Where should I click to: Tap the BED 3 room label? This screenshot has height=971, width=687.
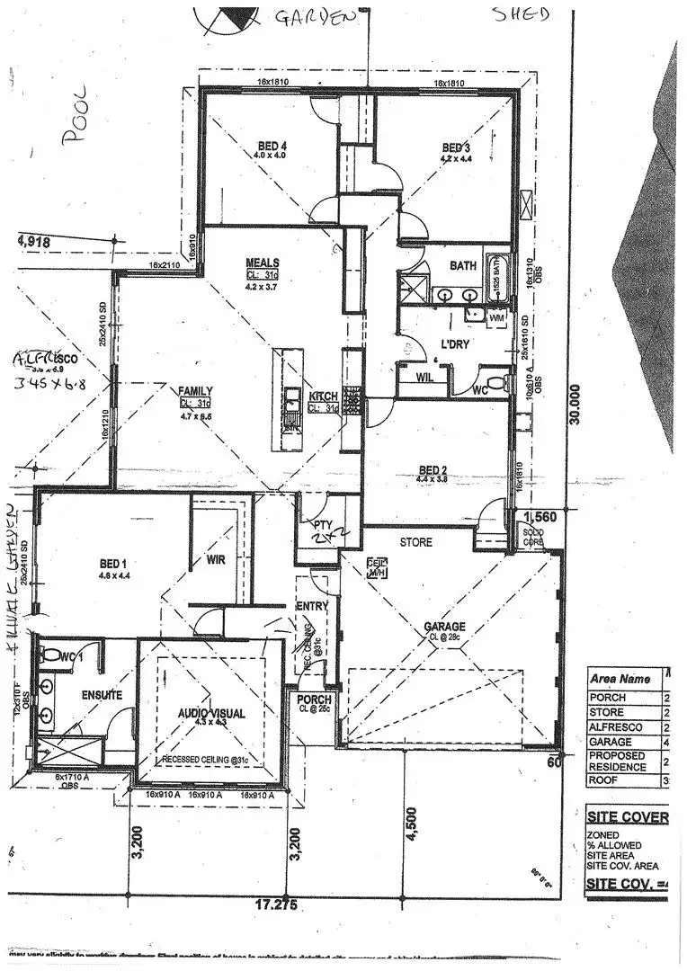(456, 147)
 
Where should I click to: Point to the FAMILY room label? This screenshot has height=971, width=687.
(195, 391)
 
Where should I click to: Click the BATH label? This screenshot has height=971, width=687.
(463, 266)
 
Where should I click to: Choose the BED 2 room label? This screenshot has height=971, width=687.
(433, 469)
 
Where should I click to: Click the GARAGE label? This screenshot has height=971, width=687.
(445, 627)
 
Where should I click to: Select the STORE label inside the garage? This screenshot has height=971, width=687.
(415, 542)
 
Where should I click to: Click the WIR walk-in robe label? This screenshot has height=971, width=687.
(215, 559)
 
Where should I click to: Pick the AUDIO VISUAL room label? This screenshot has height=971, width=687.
(211, 713)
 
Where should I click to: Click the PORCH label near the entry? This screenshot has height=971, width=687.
(315, 699)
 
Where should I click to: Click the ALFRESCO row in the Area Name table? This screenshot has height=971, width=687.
(615, 727)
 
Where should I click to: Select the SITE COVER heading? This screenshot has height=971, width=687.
(628, 817)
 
